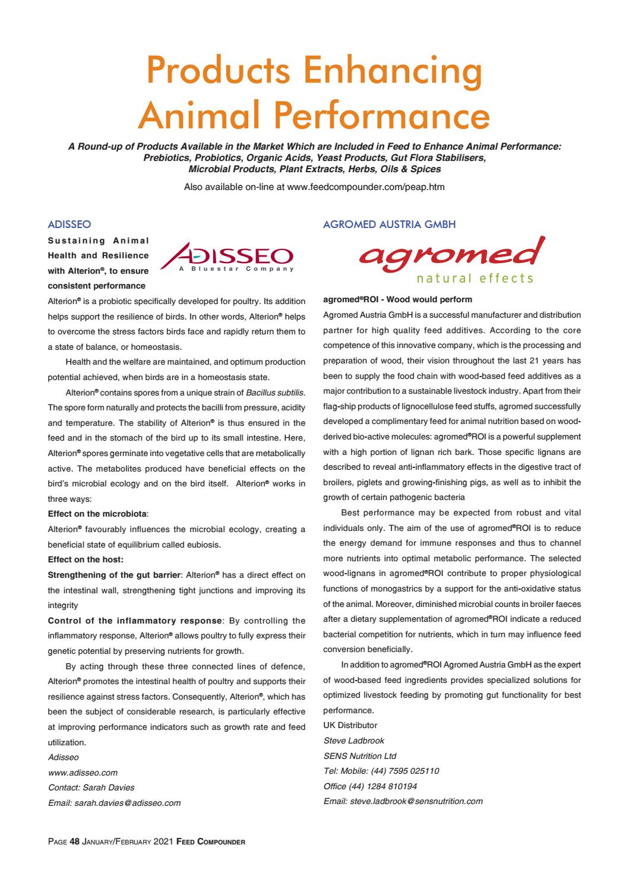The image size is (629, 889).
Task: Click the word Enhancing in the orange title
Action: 390,70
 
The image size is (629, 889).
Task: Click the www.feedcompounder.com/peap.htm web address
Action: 365,187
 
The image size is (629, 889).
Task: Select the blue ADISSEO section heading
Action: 69,224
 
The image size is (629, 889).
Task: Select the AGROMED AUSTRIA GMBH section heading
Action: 389,224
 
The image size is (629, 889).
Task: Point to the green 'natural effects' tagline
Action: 475,279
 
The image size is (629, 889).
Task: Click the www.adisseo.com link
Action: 83,773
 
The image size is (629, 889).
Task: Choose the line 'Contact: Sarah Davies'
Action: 91,787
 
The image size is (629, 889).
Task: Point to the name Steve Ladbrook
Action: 354,741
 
